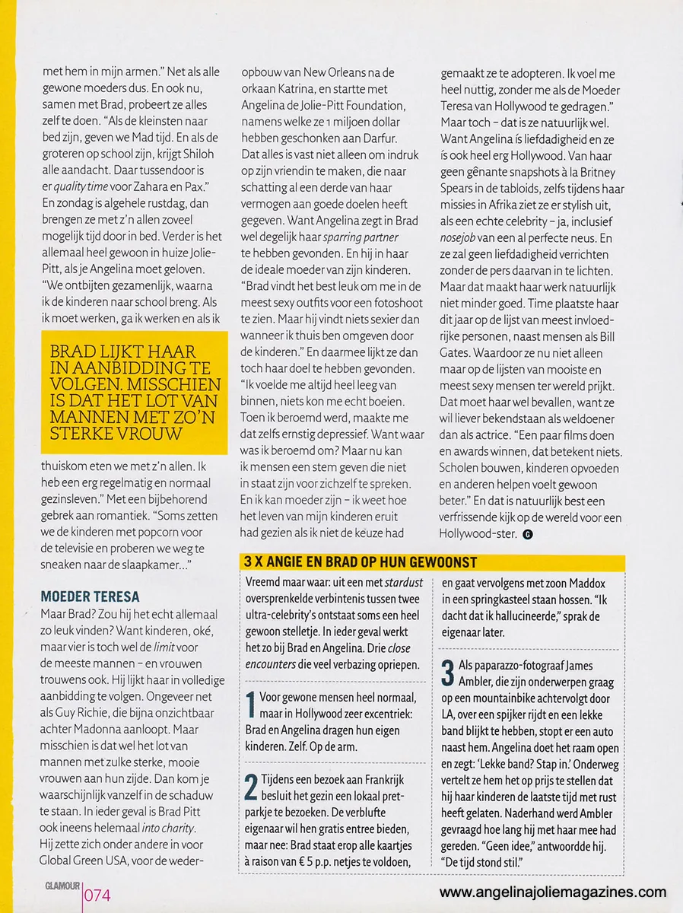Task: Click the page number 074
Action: [97, 895]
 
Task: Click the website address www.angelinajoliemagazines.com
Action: [553, 892]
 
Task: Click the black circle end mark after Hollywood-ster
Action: [528, 534]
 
